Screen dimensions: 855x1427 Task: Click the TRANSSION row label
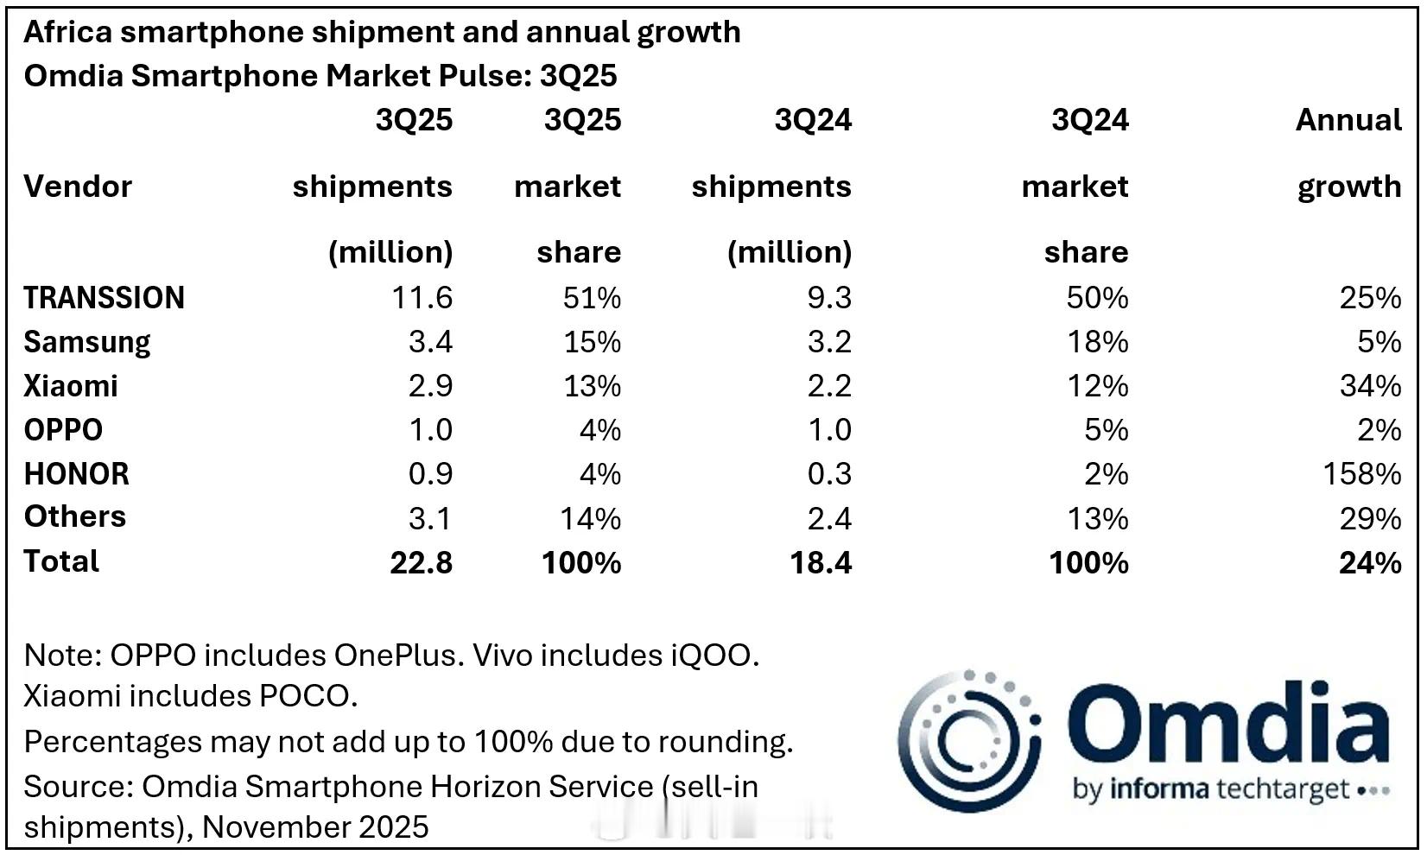[104, 298]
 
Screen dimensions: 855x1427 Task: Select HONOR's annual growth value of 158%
[1361, 474]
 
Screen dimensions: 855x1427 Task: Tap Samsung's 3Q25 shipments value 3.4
[430, 342]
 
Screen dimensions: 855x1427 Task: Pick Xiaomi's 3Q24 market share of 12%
[1097, 386]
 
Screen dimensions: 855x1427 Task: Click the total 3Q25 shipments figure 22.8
[421, 563]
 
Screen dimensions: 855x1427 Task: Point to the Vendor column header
[78, 187]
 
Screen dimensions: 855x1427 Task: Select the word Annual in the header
[1348, 120]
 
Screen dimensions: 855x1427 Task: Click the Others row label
[75, 516]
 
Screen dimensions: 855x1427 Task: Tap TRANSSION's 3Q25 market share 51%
[592, 298]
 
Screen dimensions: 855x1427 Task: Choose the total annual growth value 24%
[1370, 563]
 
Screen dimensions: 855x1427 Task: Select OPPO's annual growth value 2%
[1379, 430]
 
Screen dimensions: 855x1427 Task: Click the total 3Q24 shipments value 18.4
[821, 563]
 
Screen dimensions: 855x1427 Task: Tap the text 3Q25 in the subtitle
[578, 76]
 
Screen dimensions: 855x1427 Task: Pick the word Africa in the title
[68, 32]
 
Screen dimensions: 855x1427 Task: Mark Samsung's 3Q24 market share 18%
[1097, 342]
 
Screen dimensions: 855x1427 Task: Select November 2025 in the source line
[315, 827]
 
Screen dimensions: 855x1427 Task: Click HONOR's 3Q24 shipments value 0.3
[829, 474]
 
